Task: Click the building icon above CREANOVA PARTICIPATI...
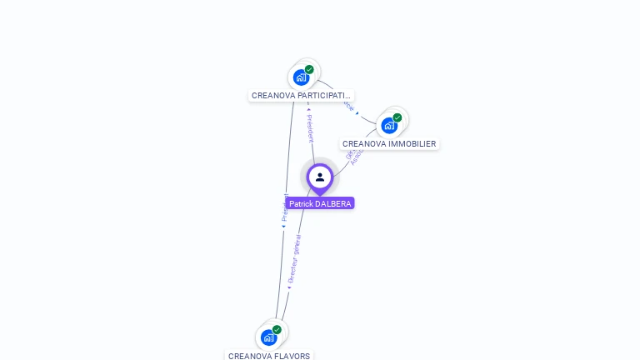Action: coord(301,77)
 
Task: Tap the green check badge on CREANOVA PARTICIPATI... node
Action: coord(309,70)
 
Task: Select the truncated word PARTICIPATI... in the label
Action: coord(326,96)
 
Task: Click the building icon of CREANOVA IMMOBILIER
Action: coord(388,126)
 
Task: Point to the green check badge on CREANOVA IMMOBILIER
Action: coord(397,117)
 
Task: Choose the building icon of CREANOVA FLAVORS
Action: coord(268,337)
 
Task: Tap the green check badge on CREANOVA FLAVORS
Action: coord(277,330)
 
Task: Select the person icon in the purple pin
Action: coord(320,177)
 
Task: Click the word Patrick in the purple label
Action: coord(301,203)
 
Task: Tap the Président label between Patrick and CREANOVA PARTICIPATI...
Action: coord(310,127)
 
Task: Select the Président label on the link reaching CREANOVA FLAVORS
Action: coord(284,207)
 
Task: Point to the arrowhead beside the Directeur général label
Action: coord(289,287)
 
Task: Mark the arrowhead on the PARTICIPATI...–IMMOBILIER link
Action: coord(357,113)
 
